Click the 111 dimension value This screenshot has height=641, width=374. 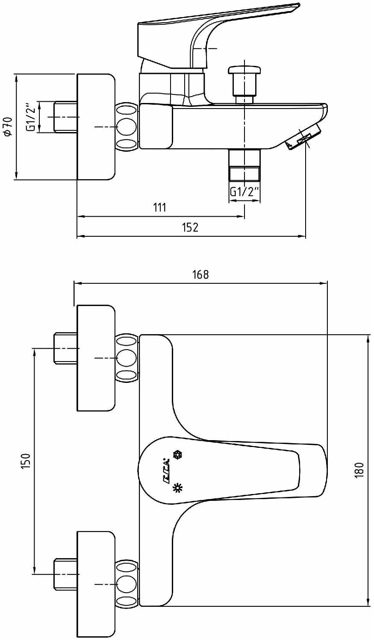pyautogui.click(x=160, y=207)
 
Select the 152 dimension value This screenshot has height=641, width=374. pyautogui.click(x=190, y=227)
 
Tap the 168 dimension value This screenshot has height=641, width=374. pyautogui.click(x=200, y=274)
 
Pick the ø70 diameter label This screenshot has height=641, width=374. pyautogui.click(x=8, y=126)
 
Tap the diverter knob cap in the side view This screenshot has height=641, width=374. pyautogui.click(x=244, y=71)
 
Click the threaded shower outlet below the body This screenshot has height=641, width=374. pyautogui.click(x=244, y=165)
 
